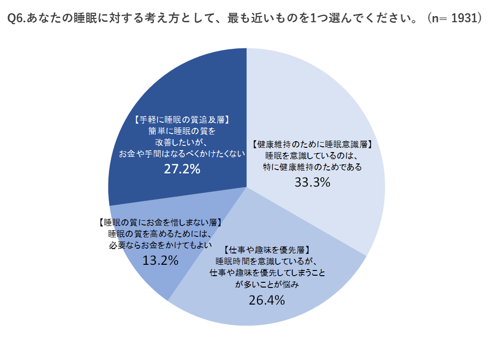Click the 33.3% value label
tap(312, 182)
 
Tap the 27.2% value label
tap(182, 169)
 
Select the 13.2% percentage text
tap(160, 260)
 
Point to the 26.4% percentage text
tap(267, 300)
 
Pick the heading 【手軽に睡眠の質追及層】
tap(182, 120)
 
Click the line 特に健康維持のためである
tap(312, 167)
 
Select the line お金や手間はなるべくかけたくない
tap(182, 154)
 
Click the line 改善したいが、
tap(182, 143)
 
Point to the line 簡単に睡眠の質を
tap(182, 131)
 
